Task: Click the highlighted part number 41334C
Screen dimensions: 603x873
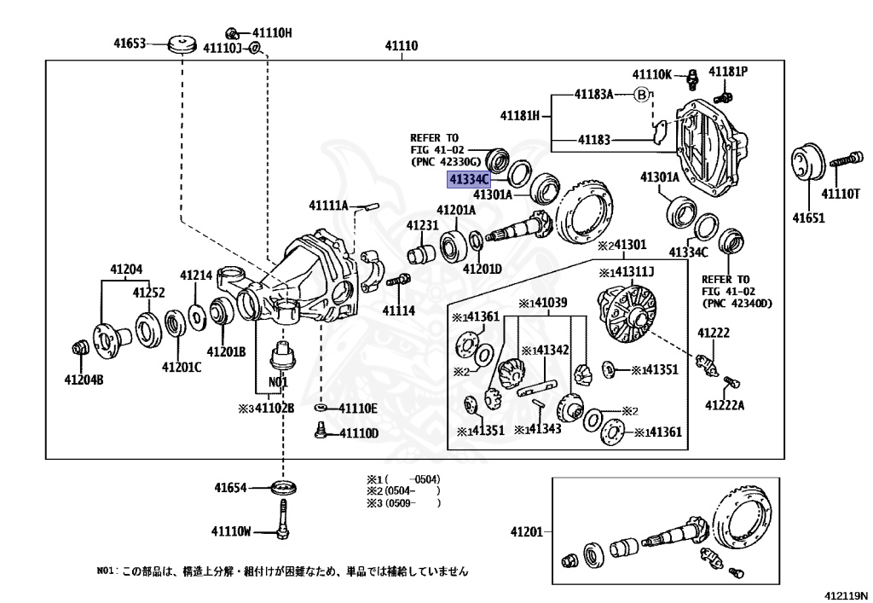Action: (470, 179)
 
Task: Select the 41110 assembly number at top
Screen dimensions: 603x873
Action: (400, 46)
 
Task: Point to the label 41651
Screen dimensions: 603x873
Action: (809, 217)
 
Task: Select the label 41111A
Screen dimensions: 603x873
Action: (328, 206)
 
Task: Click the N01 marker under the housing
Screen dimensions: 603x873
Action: (279, 381)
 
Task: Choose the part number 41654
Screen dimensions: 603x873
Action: (230, 489)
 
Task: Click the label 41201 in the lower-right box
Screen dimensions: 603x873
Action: (527, 532)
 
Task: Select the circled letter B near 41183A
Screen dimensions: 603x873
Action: (640, 94)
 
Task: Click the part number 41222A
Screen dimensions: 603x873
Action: (724, 405)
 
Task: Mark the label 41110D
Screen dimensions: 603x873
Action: (358, 433)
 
